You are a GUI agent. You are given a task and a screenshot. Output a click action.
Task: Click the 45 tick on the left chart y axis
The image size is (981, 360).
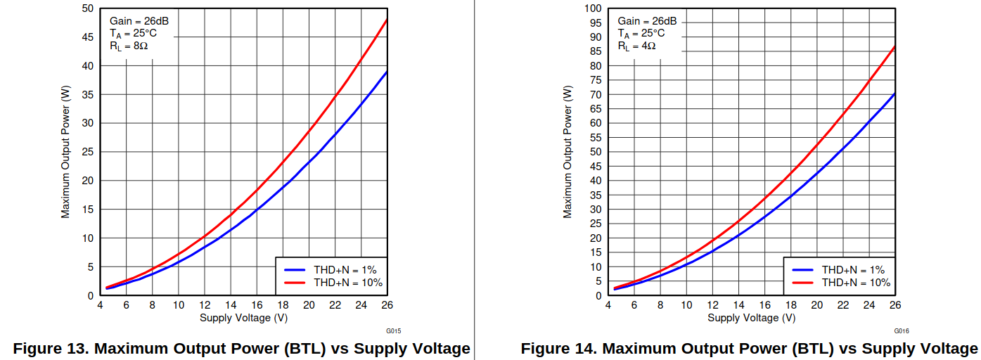(88, 37)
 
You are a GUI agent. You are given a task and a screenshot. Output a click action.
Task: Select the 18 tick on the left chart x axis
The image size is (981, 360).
(283, 305)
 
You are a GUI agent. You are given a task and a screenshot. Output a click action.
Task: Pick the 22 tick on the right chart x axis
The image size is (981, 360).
(843, 305)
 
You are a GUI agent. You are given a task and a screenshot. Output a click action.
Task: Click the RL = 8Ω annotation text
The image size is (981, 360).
(128, 46)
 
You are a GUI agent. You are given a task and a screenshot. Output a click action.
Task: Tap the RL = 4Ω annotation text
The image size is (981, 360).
(636, 46)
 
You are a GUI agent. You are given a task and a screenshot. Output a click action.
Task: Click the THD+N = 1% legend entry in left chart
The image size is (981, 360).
(345, 269)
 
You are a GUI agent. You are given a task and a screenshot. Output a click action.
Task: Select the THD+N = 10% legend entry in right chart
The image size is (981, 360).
(856, 283)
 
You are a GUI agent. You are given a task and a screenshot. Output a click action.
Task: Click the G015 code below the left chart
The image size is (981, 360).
(393, 330)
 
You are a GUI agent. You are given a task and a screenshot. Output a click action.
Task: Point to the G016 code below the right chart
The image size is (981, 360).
(902, 330)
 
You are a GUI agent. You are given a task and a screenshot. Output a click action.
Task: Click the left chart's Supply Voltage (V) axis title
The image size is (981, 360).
(243, 318)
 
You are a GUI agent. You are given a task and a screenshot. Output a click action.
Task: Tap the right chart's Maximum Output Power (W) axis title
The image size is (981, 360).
(568, 151)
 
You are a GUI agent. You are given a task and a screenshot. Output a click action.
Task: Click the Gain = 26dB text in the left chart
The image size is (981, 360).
(139, 21)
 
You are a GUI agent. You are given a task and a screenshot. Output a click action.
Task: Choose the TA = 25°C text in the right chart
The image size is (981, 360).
(641, 34)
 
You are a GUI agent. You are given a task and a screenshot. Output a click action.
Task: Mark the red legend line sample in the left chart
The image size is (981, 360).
(295, 283)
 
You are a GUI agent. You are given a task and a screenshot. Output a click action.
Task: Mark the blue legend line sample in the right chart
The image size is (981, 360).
(803, 269)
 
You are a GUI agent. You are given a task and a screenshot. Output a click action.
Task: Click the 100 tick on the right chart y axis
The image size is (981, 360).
(593, 8)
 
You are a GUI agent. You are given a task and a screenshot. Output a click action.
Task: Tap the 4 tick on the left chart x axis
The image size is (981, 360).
(100, 305)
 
